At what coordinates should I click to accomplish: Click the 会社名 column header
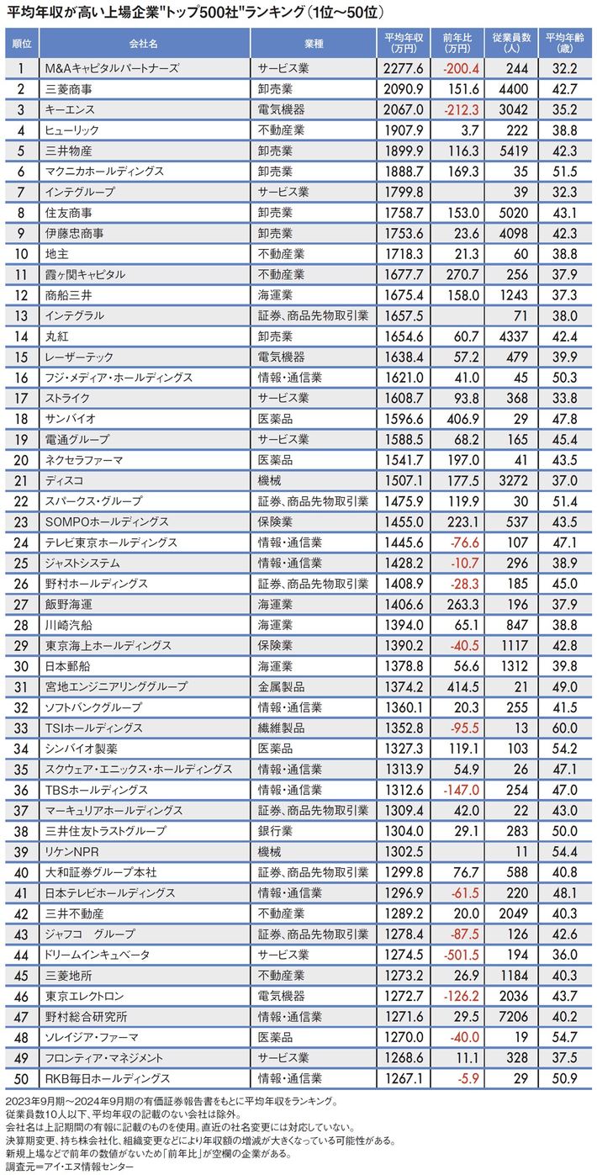(144, 41)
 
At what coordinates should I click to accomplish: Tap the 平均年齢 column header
(561, 41)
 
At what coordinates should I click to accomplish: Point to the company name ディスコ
(61, 480)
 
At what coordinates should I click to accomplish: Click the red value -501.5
(459, 954)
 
